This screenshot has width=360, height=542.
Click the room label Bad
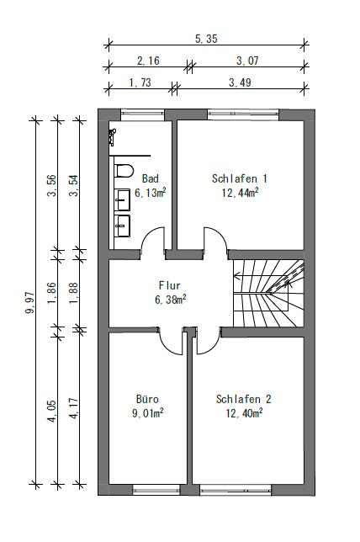150,178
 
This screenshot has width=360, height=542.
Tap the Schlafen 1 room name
240,178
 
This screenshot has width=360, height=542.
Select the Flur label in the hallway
170,285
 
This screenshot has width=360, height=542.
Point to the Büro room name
148,399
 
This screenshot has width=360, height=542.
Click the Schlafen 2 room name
243,399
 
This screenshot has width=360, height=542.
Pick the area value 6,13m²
150,193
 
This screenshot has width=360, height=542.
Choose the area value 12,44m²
240,193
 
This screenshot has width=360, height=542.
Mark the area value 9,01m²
148,413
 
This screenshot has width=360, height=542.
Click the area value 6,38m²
170,299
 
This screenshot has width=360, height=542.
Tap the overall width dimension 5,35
206,39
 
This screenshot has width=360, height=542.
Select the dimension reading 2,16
148,60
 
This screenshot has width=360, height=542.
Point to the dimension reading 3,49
239,82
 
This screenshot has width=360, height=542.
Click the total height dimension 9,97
30,300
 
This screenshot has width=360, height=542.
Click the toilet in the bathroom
124,172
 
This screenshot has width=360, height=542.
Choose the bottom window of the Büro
156,489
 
